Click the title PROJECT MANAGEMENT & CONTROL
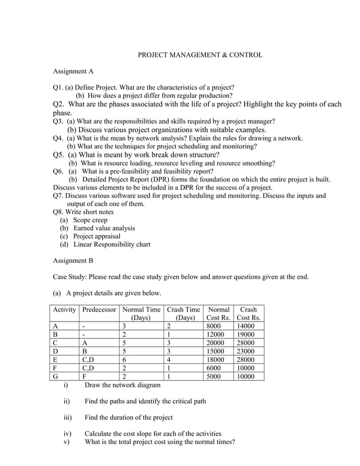click(x=200, y=55)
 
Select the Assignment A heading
click(x=73, y=72)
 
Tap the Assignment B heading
click(x=73, y=261)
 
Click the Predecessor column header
click(x=99, y=310)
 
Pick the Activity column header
click(x=64, y=310)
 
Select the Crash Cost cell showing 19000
click(x=246, y=335)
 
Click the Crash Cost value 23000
click(x=246, y=351)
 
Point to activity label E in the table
click(x=56, y=360)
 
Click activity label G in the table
click(x=56, y=376)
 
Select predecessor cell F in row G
click(x=84, y=376)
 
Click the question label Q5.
click(x=59, y=155)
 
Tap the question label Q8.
click(x=59, y=212)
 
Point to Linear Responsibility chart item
click(x=112, y=244)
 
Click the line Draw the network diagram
click(x=122, y=385)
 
